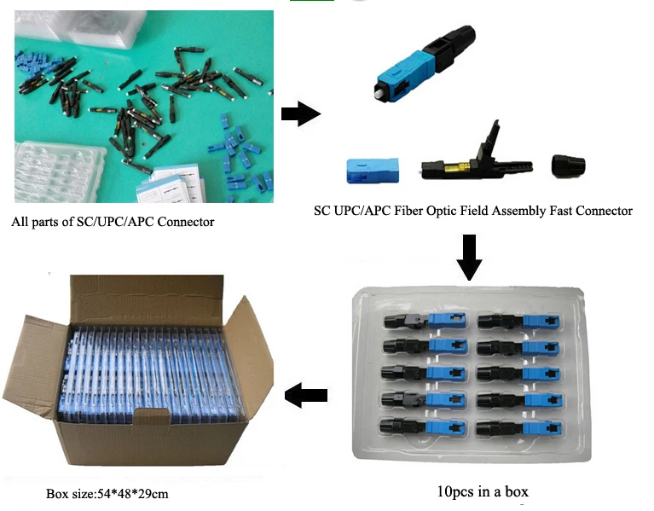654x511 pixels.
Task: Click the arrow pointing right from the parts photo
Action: pyautogui.click(x=299, y=114)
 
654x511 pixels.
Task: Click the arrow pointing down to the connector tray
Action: pyautogui.click(x=468, y=255)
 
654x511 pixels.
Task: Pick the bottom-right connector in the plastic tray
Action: pyautogui.click(x=514, y=426)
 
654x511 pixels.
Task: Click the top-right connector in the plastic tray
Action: pyautogui.click(x=514, y=321)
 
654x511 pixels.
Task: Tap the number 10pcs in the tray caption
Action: pyautogui.click(x=453, y=491)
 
